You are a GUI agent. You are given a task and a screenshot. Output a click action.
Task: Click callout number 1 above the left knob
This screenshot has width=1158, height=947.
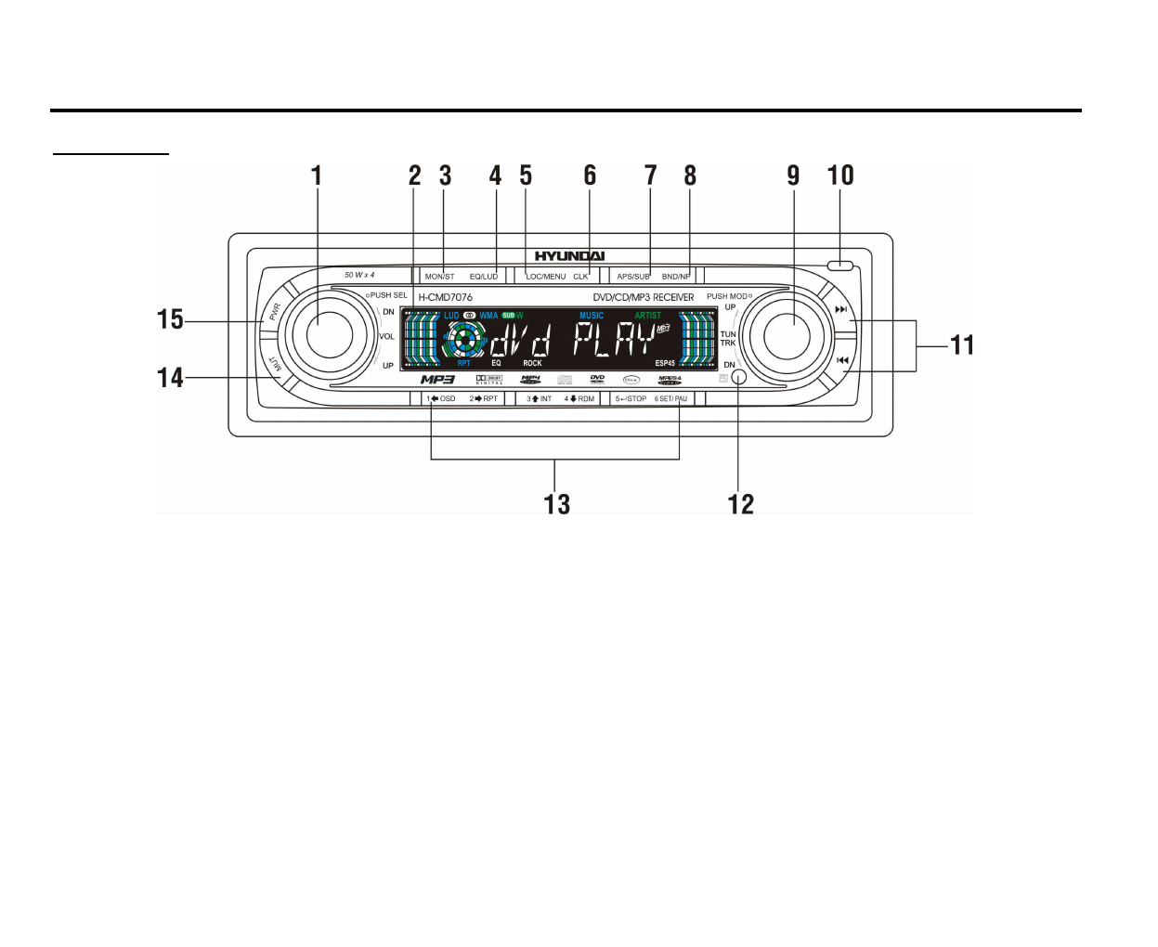click(x=317, y=175)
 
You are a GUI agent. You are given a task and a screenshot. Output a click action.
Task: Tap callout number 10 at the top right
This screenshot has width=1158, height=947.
click(x=840, y=175)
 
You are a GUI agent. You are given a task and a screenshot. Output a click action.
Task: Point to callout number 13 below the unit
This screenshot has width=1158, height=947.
click(x=556, y=504)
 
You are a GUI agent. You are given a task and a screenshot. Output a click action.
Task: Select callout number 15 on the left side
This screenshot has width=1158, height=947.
click(x=170, y=319)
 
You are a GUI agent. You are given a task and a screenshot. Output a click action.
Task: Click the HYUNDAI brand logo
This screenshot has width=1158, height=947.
click(x=569, y=256)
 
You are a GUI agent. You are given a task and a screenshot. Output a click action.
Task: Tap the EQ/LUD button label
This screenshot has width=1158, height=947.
click(x=484, y=277)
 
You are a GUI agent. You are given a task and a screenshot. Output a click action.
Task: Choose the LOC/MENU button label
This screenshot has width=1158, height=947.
click(x=545, y=277)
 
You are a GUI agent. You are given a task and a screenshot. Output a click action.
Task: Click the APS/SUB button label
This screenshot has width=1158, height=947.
click(x=633, y=277)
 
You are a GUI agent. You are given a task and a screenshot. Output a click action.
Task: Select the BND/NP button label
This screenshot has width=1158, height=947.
click(x=676, y=277)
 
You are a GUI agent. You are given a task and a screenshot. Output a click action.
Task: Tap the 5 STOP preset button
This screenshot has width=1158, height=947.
click(x=631, y=399)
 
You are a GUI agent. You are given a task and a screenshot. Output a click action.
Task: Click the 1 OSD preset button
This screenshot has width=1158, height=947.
click(x=441, y=399)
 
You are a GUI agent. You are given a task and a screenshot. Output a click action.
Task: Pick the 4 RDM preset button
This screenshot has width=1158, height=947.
click(x=579, y=399)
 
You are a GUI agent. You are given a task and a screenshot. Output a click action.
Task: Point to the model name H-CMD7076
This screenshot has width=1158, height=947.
click(x=446, y=297)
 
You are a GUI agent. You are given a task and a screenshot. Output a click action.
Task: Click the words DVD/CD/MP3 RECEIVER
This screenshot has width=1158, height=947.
click(x=644, y=297)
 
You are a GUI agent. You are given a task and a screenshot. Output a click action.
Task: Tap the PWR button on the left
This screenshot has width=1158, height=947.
click(x=275, y=312)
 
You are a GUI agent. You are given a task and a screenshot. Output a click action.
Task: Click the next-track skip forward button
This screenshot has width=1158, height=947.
click(x=840, y=310)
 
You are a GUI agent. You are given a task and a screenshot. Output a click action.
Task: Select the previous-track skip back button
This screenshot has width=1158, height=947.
click(x=842, y=360)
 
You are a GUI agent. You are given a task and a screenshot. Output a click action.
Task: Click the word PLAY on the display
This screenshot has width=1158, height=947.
click(x=614, y=342)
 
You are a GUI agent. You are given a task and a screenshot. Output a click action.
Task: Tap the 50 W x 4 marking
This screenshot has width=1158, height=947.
click(x=359, y=275)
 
